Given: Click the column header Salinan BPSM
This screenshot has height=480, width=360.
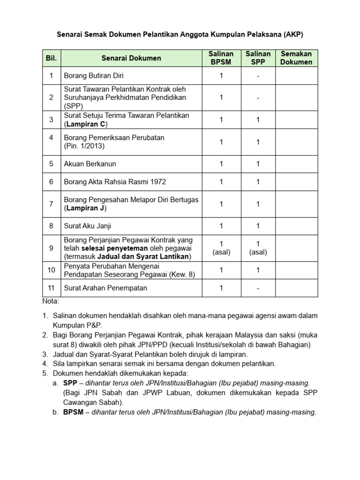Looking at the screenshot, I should pos(221,58).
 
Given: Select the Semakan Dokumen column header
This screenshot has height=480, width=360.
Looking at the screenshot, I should pos(296,58).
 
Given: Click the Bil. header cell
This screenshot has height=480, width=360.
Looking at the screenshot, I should pos(51,58).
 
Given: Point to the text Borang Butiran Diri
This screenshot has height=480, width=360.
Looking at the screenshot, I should pos(94,75).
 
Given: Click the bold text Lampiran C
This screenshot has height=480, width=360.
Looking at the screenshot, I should pos(86,124).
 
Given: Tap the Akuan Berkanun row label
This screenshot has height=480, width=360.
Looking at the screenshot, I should pos(90,164).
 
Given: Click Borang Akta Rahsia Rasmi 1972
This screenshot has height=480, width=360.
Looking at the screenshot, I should pos(115,182).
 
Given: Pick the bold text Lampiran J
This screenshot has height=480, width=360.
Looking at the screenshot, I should pos(86,208).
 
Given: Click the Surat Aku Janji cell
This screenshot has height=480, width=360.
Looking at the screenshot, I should pos(88,226).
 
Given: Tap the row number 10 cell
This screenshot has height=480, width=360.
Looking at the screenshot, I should pos(51,270).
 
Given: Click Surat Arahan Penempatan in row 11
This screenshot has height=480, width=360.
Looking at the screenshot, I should pos(105,288).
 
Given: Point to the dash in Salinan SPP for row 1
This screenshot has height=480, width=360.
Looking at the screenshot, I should pos(258,75).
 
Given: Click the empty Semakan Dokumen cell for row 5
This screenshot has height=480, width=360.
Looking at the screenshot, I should pos(296,164).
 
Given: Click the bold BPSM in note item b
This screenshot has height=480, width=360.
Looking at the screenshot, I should pos(73,412).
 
